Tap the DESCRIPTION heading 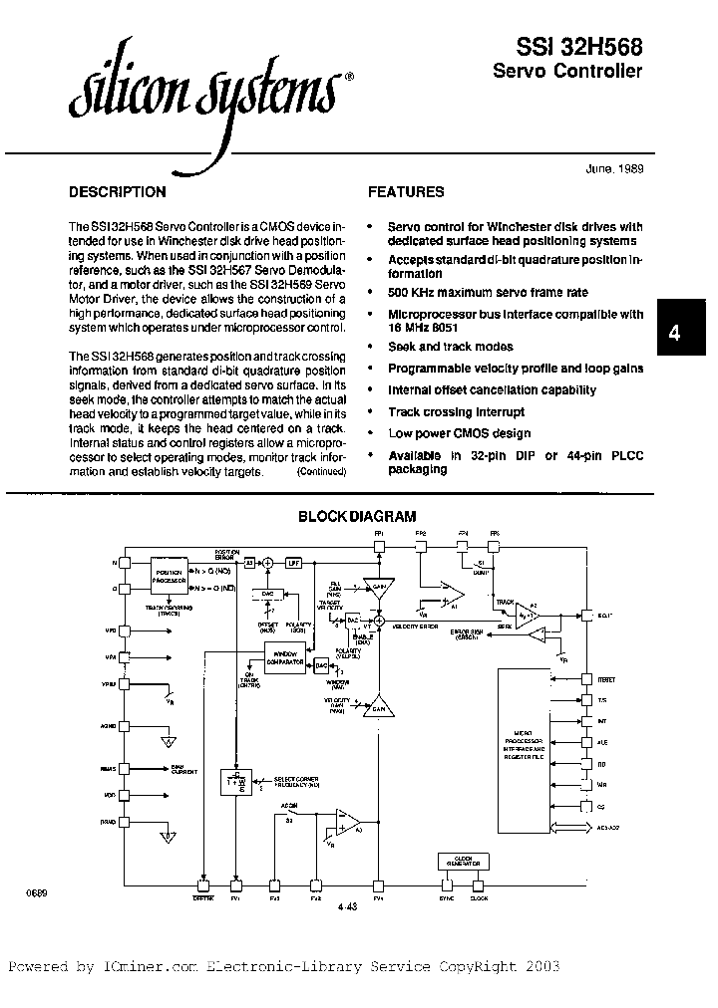(x=117, y=192)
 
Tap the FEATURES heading (x=406, y=192)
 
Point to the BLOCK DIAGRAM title (x=358, y=516)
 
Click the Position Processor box (x=176, y=575)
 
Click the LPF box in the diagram (x=293, y=564)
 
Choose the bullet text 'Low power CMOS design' (x=459, y=433)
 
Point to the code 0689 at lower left (x=37, y=893)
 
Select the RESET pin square (x=587, y=678)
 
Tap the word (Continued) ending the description (x=321, y=473)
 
